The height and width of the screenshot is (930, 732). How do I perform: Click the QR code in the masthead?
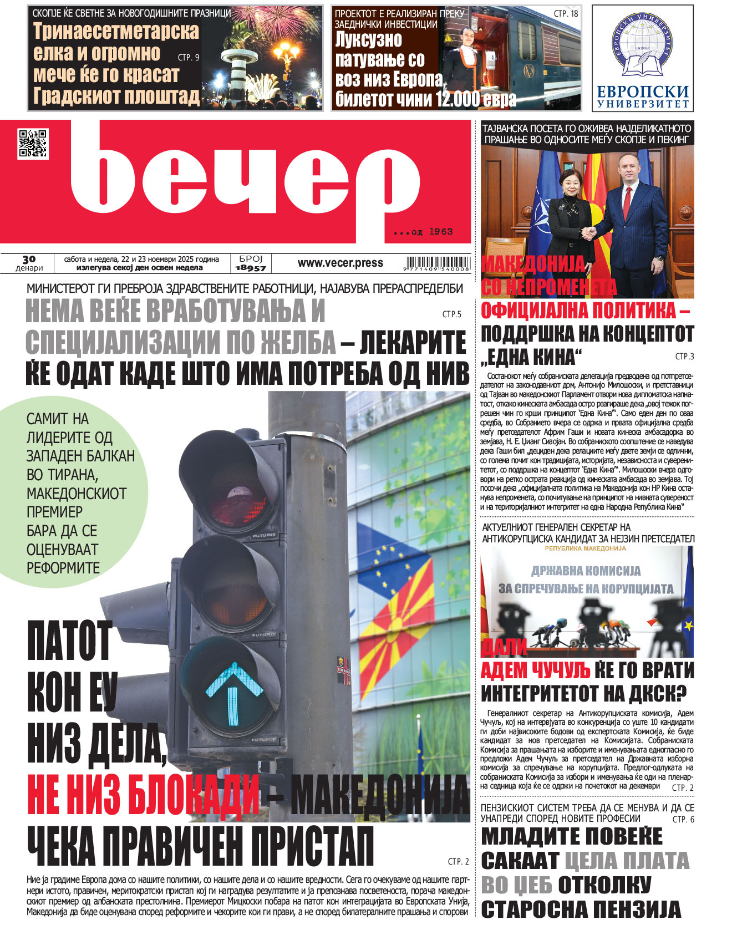(33, 144)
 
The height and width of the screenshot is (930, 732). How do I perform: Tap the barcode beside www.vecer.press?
(438, 263)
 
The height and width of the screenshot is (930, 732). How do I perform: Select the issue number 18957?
(251, 268)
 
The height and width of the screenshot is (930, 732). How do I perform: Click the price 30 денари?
(29, 263)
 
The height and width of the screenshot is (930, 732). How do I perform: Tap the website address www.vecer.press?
(340, 263)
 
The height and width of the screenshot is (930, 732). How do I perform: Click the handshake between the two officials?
(589, 231)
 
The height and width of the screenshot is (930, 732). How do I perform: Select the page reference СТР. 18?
(566, 13)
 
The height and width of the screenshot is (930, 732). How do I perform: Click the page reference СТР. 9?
(189, 57)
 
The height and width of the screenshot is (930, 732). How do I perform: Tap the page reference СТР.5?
(452, 314)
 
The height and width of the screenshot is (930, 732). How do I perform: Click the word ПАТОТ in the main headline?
(70, 641)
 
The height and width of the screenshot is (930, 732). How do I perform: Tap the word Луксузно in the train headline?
(369, 40)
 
